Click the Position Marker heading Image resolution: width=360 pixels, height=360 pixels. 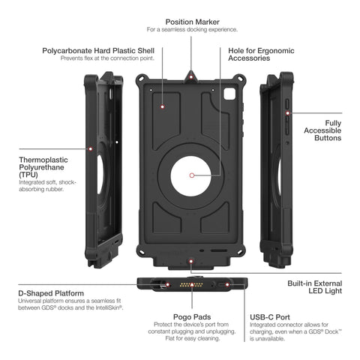192,22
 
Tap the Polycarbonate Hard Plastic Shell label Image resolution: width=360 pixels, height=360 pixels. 98,51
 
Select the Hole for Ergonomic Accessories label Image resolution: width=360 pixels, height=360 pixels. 261,54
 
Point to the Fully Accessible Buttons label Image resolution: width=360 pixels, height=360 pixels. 322,130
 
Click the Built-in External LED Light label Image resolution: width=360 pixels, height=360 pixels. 315,287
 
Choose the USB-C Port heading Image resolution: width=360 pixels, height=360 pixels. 270,317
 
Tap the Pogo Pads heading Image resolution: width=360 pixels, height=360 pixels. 192,317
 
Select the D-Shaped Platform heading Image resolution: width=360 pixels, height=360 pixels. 51,293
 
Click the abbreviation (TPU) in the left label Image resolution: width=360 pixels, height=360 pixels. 28,175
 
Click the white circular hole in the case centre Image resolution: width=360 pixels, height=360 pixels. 191,176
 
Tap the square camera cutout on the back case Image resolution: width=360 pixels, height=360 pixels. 229,94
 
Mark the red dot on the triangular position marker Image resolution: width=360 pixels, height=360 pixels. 191,77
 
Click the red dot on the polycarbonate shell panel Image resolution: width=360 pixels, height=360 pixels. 163,107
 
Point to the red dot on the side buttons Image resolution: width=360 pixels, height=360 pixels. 288,113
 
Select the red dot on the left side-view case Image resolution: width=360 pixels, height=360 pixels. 91,149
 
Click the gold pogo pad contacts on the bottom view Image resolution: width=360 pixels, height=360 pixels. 192,285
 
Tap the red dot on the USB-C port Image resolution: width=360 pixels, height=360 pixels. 227,285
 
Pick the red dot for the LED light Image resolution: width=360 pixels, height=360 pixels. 191,262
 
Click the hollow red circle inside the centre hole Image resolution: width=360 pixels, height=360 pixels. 192,175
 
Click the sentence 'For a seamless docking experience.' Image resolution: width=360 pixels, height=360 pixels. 192,29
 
